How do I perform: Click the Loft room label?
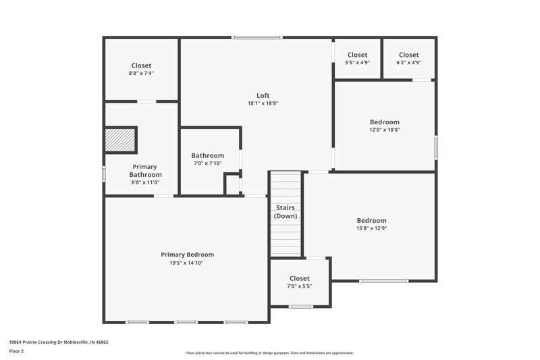(263, 95)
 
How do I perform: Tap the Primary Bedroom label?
(187, 255)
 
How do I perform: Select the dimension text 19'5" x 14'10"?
(187, 263)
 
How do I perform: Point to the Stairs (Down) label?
(286, 211)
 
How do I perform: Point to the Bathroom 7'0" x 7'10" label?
(207, 159)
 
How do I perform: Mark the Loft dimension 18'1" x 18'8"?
(263, 103)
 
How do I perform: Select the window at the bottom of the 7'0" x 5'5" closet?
(300, 307)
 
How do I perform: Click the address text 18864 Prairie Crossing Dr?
(59, 342)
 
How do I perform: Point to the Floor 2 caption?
(17, 351)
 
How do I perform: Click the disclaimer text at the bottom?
(269, 353)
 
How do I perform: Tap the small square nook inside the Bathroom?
(232, 184)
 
